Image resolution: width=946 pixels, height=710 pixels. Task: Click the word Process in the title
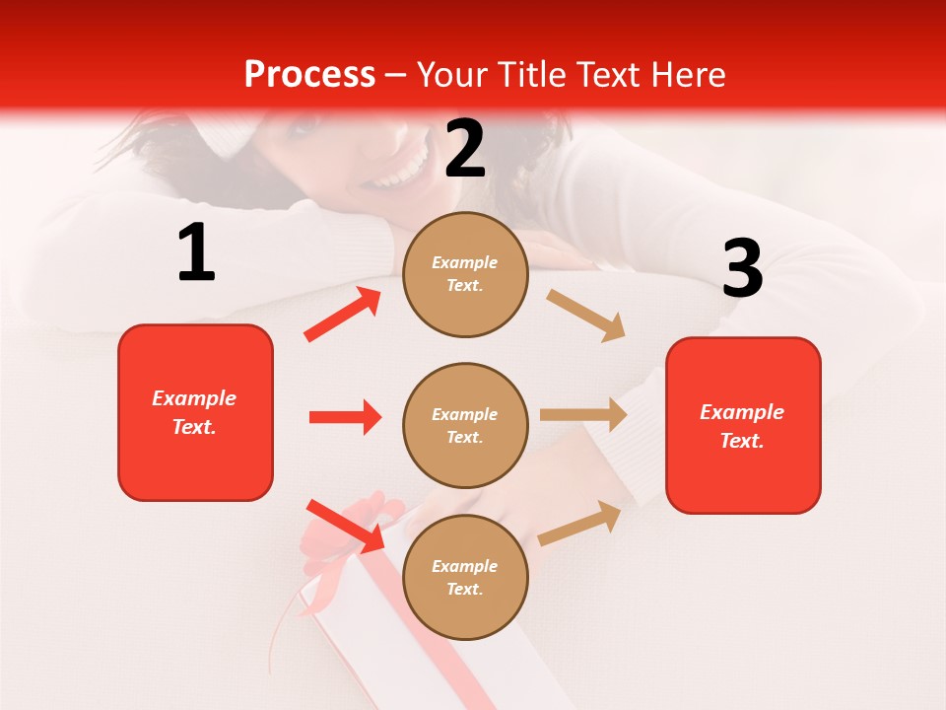coord(309,75)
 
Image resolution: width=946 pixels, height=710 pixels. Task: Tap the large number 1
coord(196,253)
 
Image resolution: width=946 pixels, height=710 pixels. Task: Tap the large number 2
coord(465,149)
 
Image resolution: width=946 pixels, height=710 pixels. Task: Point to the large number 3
coord(743,268)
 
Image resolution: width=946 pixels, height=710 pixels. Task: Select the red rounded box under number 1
coord(195,412)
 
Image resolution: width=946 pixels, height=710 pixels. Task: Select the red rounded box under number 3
coord(743,426)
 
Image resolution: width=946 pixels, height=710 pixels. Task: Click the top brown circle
coord(465,274)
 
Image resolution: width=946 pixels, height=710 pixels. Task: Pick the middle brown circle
coord(465,426)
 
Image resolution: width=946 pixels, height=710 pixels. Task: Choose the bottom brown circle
coord(465,578)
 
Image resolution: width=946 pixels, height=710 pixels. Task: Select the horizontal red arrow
coord(345,417)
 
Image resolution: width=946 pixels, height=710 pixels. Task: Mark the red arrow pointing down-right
coord(345,526)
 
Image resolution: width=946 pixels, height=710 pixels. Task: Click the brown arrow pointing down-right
coord(586,316)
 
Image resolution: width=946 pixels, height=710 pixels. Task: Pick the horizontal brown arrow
coord(583,415)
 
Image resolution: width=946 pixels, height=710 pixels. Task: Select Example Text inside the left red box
coord(194,412)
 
